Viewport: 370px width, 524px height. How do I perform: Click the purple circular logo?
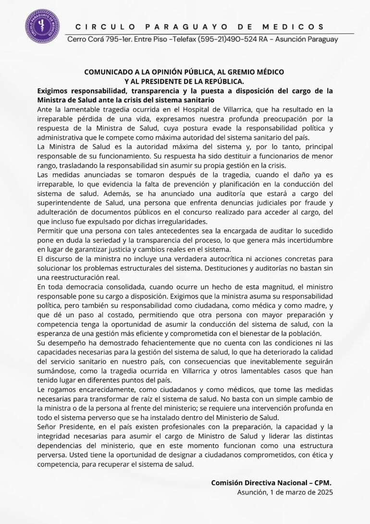[x=42, y=27]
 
